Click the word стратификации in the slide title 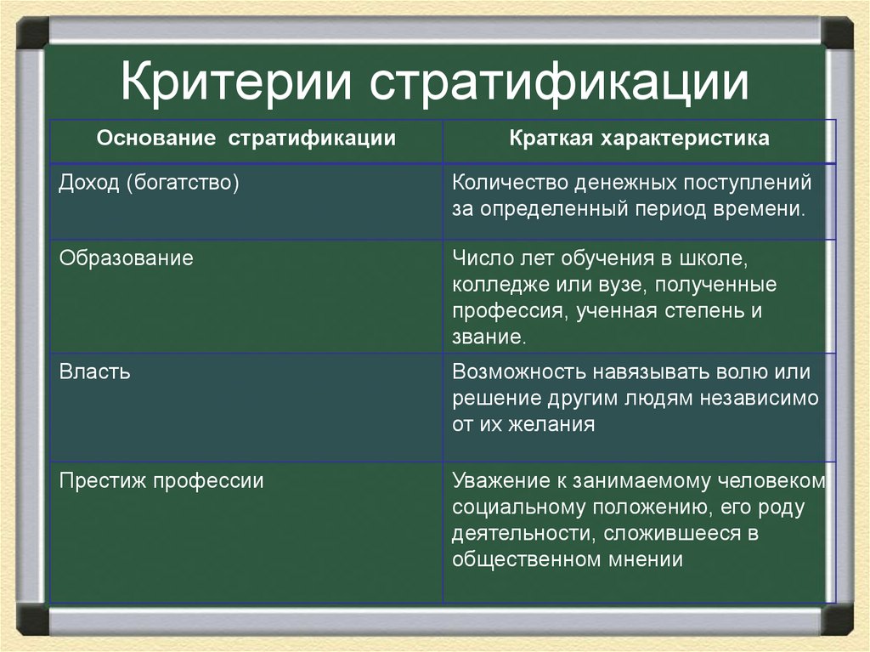coord(560,83)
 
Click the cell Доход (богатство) coord(149,183)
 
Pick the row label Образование coord(127,258)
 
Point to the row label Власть coord(94,371)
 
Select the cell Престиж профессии coord(161,481)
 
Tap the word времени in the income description coord(767,209)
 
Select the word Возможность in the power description coord(516,371)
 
